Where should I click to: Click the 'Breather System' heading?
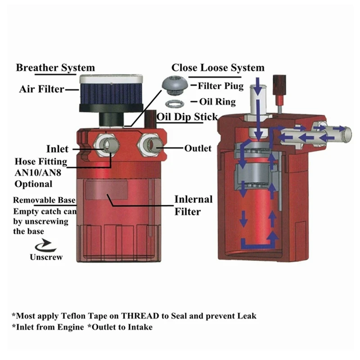coord(55,68)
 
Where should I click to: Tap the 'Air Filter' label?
coord(41,89)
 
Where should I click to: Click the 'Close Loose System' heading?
coord(218,68)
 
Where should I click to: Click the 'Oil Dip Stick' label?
coord(187,117)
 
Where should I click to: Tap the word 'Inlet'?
coord(57,149)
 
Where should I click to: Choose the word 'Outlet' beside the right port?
coord(198,148)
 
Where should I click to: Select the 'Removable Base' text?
coord(44,200)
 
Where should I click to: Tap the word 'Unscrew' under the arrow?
coord(46,258)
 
